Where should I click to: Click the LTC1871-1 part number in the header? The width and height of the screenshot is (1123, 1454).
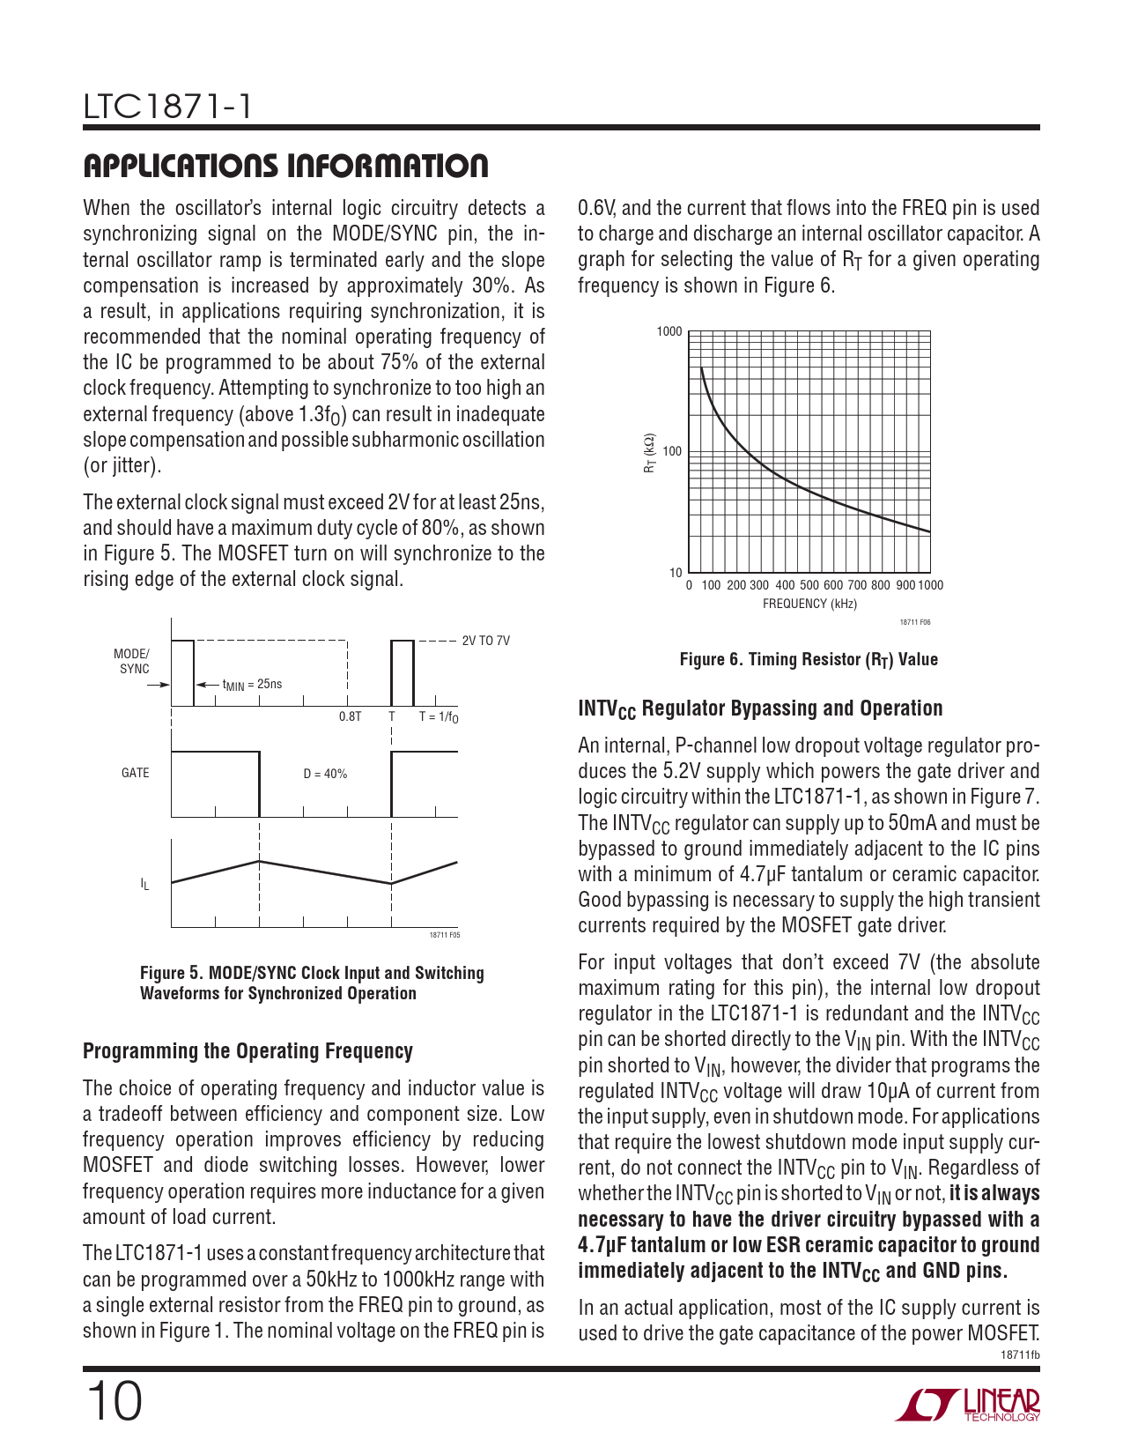click(167, 108)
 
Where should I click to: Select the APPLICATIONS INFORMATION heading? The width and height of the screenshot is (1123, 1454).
click(285, 166)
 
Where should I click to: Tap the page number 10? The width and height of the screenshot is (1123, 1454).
click(114, 1401)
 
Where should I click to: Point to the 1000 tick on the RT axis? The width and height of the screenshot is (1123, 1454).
click(669, 332)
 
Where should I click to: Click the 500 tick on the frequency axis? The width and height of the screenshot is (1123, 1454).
click(809, 585)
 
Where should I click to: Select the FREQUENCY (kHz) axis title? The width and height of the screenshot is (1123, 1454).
click(809, 604)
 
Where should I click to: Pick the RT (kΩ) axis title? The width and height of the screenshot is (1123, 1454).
click(649, 453)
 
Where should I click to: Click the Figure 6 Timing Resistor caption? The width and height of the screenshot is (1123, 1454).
click(809, 660)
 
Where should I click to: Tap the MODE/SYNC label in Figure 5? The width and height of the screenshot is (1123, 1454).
click(132, 661)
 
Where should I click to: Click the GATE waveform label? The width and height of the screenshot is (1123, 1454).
click(135, 773)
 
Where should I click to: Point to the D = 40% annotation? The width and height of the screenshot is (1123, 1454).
click(325, 774)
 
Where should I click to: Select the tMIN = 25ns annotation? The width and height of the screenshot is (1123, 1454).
click(252, 685)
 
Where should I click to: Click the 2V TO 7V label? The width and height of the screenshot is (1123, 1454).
click(485, 641)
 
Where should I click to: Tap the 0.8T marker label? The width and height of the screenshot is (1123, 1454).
click(350, 716)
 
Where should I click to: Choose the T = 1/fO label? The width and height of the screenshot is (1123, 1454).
click(439, 717)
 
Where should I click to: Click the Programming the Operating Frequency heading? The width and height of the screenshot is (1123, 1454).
click(248, 1051)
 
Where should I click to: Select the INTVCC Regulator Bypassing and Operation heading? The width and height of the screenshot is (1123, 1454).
click(760, 708)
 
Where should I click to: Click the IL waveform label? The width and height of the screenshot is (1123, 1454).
click(144, 884)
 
